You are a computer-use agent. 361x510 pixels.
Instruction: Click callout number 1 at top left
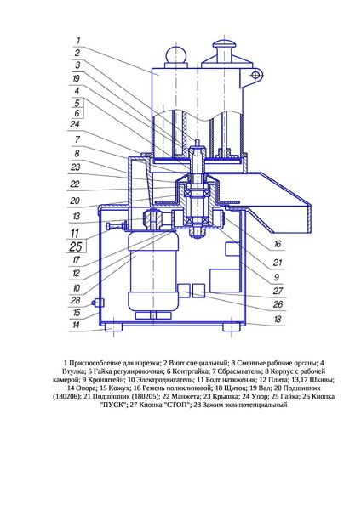[x=78, y=41]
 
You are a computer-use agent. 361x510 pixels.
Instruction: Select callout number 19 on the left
[x=76, y=78]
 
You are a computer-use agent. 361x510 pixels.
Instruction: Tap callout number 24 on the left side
[x=75, y=124]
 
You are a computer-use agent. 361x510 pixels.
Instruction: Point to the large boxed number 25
[x=75, y=246]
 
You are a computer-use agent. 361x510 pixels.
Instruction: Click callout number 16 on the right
[x=278, y=244]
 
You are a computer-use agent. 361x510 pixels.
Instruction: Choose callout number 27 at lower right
[x=278, y=291]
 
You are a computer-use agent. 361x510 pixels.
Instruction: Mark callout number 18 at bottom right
[x=278, y=319]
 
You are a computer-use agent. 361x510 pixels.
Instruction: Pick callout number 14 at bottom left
[x=76, y=325]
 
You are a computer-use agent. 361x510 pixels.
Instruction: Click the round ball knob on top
[x=176, y=54]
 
